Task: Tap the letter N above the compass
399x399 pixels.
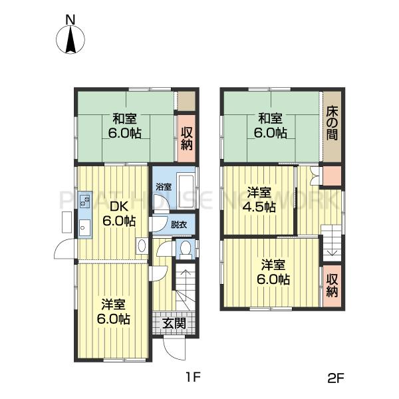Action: [x=70, y=20]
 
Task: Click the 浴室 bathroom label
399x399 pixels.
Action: [x=164, y=187]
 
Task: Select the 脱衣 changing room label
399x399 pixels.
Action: [x=179, y=225]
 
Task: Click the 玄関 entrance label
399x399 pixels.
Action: [x=174, y=323]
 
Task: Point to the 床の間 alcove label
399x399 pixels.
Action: [x=332, y=123]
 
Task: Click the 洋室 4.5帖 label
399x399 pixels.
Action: [x=259, y=200]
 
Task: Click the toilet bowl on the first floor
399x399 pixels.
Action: [x=186, y=247]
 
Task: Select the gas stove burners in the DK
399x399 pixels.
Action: [x=85, y=201]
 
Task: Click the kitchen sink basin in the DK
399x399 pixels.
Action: [x=84, y=228]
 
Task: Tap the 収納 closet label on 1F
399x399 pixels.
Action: [x=187, y=138]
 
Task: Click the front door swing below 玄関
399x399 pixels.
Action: [x=174, y=348]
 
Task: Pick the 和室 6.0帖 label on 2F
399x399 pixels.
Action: [x=271, y=126]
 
